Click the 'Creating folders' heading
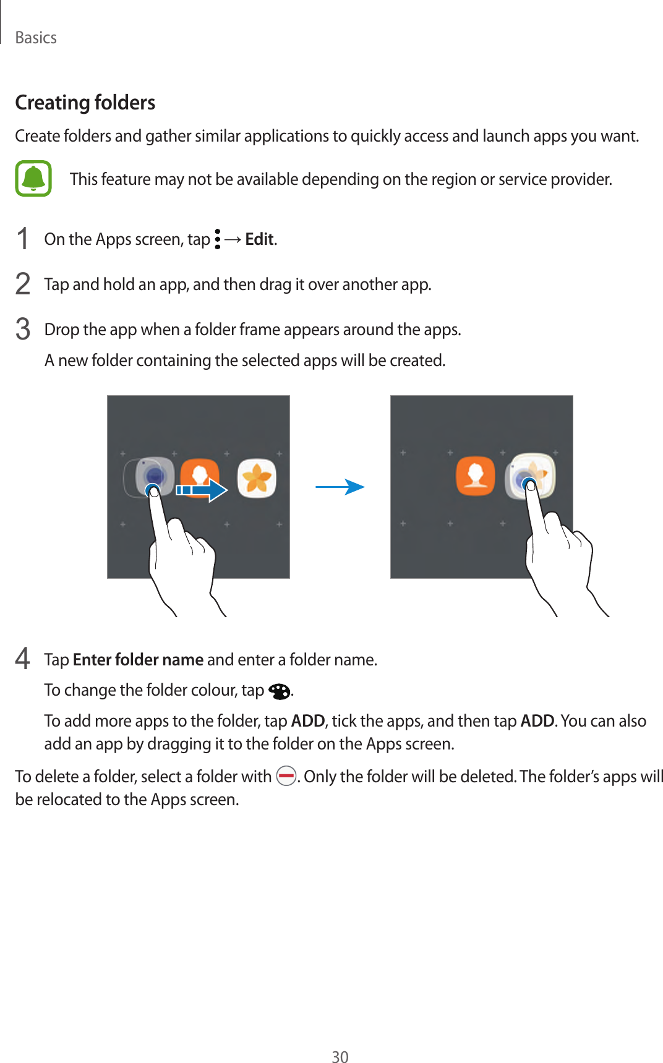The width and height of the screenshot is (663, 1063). click(85, 103)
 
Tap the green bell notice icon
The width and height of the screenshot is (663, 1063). click(33, 179)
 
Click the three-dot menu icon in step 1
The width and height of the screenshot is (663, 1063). click(217, 239)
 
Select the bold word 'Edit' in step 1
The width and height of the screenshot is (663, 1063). click(259, 239)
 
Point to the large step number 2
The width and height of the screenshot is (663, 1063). click(23, 284)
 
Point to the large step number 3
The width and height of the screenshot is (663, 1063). click(23, 330)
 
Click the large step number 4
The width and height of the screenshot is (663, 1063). click(23, 659)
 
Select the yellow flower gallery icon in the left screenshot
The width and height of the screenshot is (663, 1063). click(257, 478)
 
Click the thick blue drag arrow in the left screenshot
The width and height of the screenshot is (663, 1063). click(202, 490)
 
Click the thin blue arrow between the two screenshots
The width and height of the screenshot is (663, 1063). click(340, 487)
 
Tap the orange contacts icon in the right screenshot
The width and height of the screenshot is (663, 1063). click(476, 476)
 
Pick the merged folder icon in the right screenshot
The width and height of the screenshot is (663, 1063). click(531, 476)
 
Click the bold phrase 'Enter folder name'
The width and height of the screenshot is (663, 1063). click(138, 660)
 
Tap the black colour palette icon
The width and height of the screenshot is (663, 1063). click(280, 691)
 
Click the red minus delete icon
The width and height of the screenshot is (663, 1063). click(286, 775)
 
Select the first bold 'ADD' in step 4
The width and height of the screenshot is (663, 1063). click(308, 721)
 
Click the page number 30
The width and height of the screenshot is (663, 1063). click(340, 1057)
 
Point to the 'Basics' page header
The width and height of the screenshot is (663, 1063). click(36, 38)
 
